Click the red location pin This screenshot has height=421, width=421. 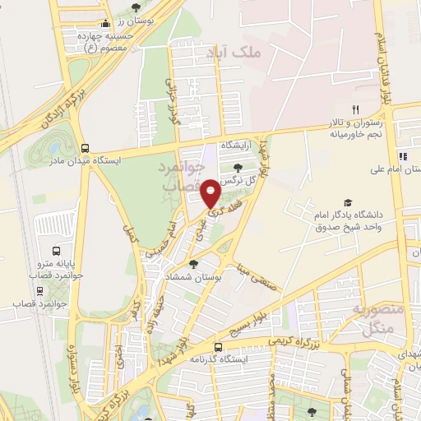(210, 192)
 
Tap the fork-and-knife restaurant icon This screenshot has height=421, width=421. (355, 109)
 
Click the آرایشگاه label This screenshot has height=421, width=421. (238, 144)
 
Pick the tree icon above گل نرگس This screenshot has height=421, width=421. (238, 168)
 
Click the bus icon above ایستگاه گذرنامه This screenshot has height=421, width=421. (218, 347)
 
